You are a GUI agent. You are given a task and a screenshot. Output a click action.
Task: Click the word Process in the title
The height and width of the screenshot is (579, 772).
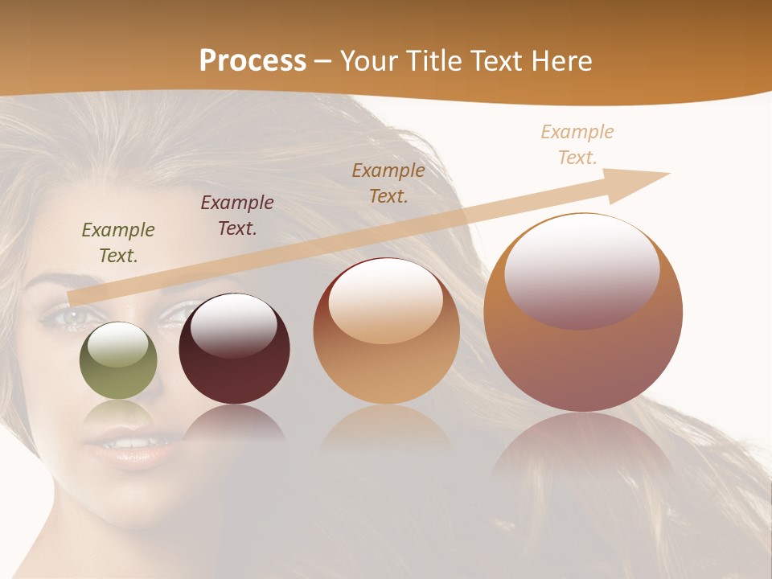click(x=253, y=60)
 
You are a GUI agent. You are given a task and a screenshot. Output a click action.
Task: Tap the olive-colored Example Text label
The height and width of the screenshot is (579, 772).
click(x=118, y=243)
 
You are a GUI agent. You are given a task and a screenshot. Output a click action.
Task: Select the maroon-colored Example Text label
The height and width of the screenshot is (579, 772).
click(x=237, y=216)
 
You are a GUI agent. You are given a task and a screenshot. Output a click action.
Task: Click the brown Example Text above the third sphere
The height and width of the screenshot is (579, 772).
click(x=388, y=183)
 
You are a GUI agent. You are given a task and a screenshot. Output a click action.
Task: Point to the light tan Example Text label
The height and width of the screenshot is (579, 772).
click(x=577, y=145)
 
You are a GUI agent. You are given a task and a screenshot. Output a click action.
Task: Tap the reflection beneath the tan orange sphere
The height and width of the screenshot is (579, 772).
click(x=386, y=430)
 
